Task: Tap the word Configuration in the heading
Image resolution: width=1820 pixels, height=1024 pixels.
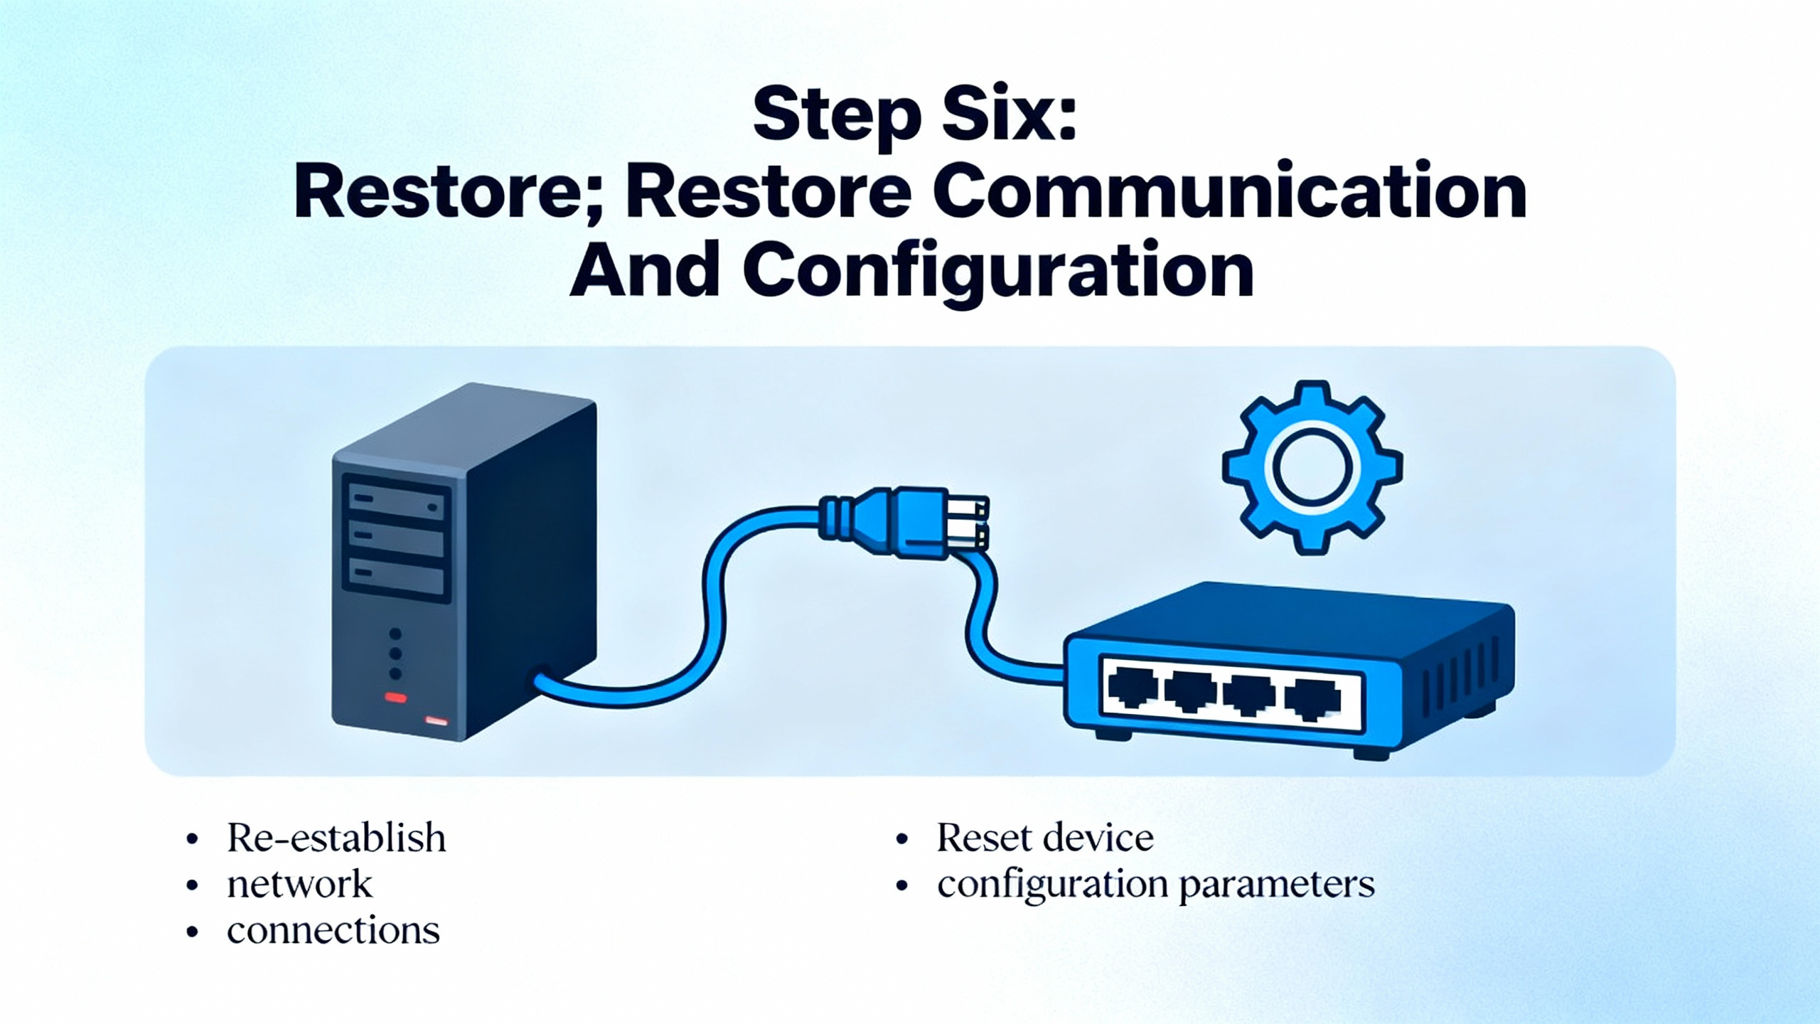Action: click(x=998, y=272)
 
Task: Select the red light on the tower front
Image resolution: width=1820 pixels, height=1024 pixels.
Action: click(x=395, y=698)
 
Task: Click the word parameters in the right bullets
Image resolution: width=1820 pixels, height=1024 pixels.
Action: click(x=1277, y=885)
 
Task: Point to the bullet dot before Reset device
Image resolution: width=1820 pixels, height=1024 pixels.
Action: click(x=903, y=840)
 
